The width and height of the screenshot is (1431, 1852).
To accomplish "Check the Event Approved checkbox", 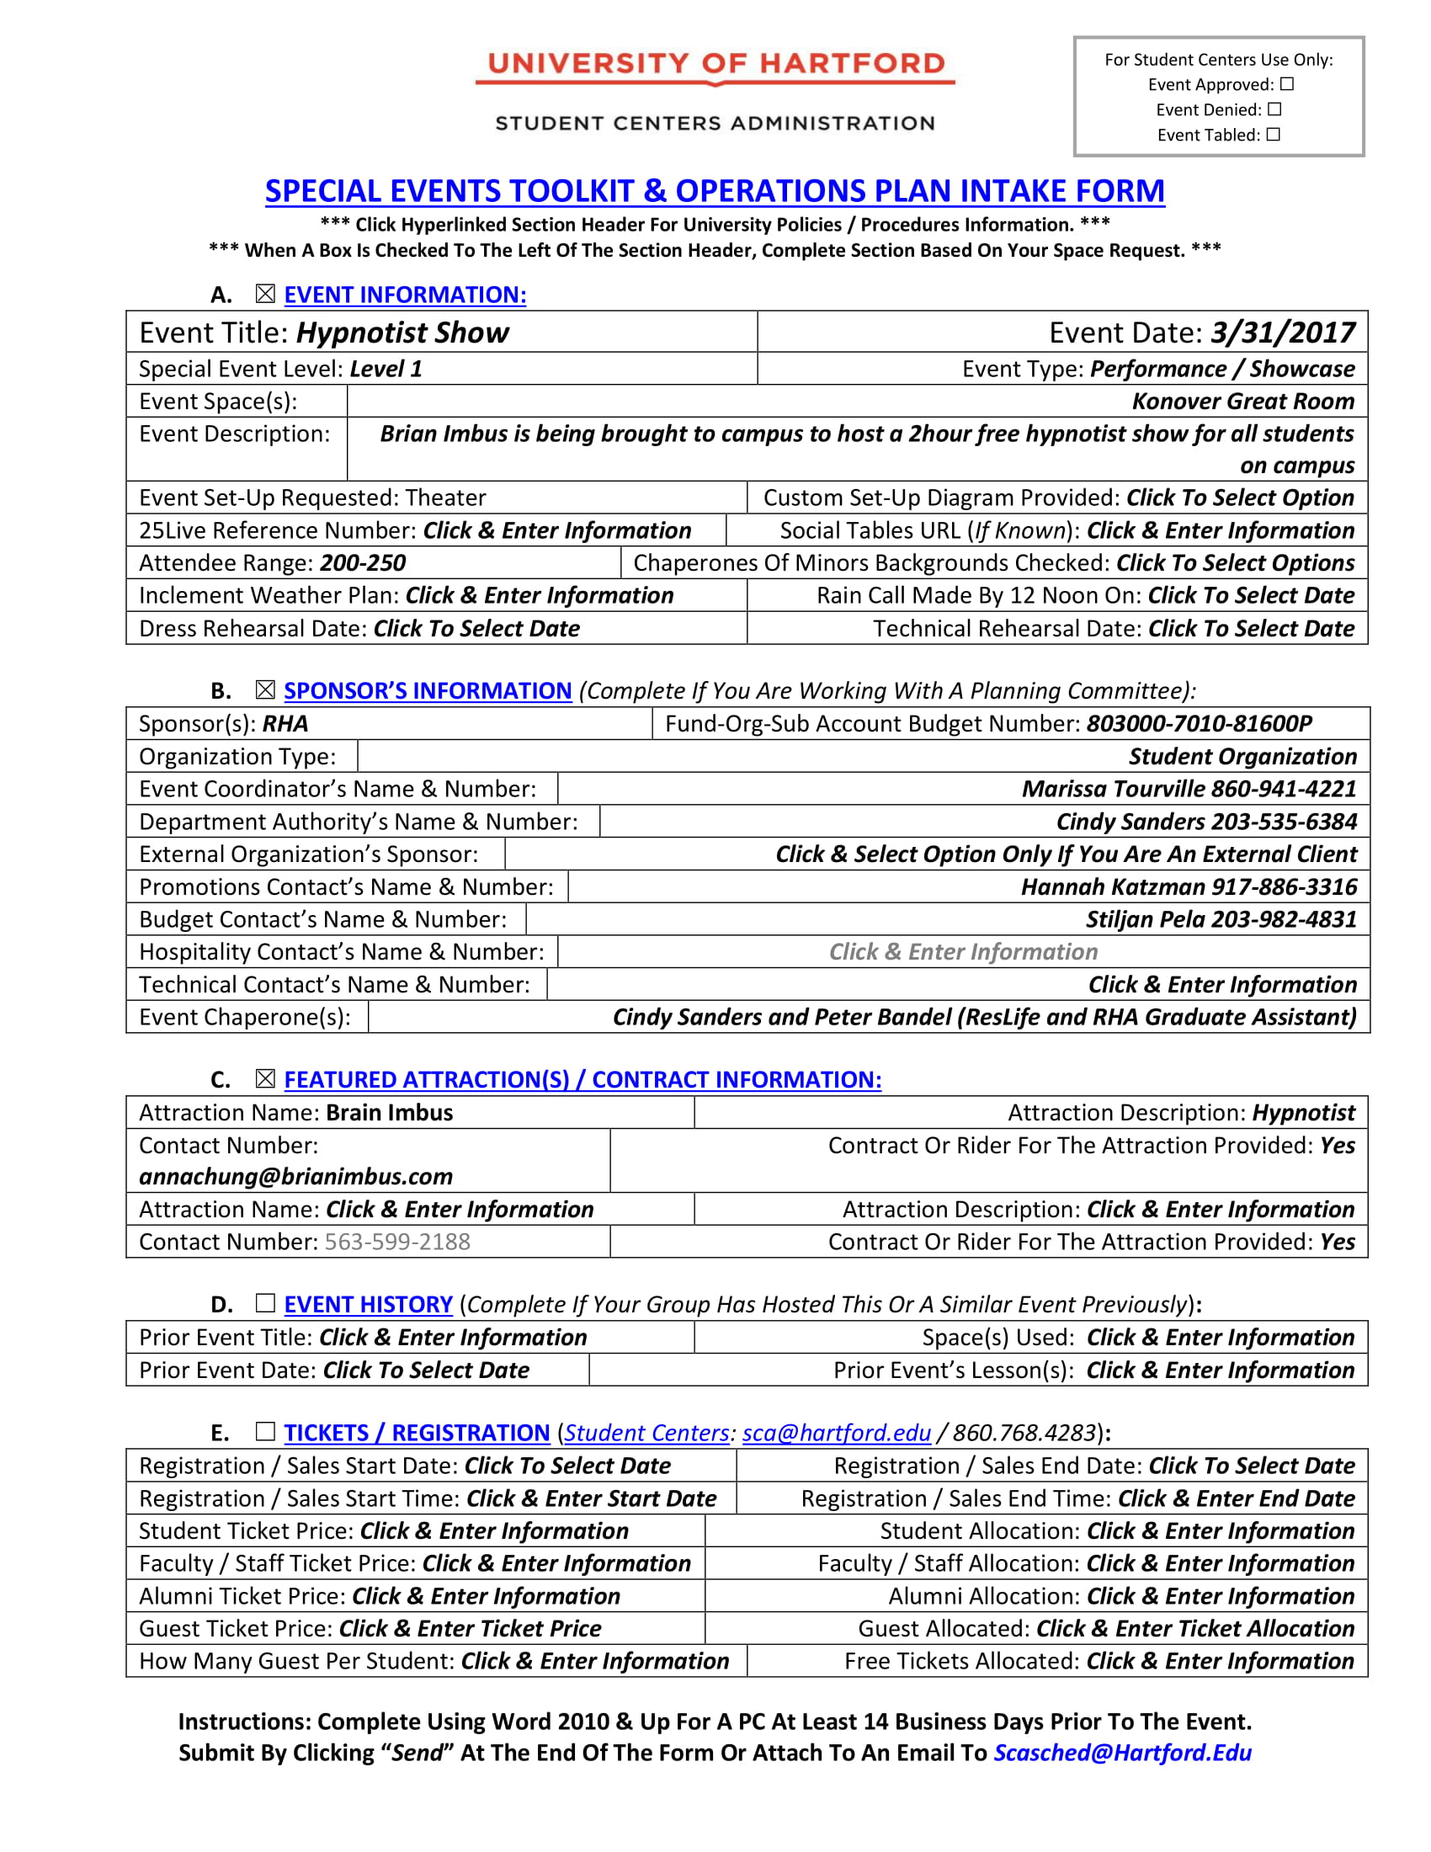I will pos(1286,84).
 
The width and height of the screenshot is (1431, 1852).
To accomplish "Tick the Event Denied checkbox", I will pos(1274,109).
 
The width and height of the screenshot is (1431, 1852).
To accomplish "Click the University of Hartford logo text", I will pos(715,64).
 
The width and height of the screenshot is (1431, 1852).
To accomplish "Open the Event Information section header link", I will pos(404,295).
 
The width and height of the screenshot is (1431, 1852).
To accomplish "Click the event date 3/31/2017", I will pos(1283,333).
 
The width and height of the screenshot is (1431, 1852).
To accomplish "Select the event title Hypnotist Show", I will pos(402,333).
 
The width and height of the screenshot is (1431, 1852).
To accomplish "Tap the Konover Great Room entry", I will pos(1242,401).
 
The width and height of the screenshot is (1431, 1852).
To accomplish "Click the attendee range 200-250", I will pos(362,563).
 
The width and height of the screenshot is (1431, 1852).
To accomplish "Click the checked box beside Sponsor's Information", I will pos(265,690).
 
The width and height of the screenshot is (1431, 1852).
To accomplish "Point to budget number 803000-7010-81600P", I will pos(1199,723).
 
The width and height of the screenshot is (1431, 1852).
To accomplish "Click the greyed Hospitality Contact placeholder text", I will pos(963,951).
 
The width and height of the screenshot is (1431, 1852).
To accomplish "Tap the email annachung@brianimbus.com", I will pos(295,1176).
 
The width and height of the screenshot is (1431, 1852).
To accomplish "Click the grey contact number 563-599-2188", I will pos(396,1242).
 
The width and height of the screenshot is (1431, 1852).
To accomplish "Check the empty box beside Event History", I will pos(265,1302).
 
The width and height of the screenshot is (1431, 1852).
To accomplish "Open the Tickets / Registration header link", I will pos(416,1432).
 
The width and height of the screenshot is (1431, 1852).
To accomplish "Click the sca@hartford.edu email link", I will pos(836,1432).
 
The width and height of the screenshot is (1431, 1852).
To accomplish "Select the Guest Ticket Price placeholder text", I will pos(470,1628).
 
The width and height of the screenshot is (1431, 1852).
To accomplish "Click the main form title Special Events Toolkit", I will pos(714,191).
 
